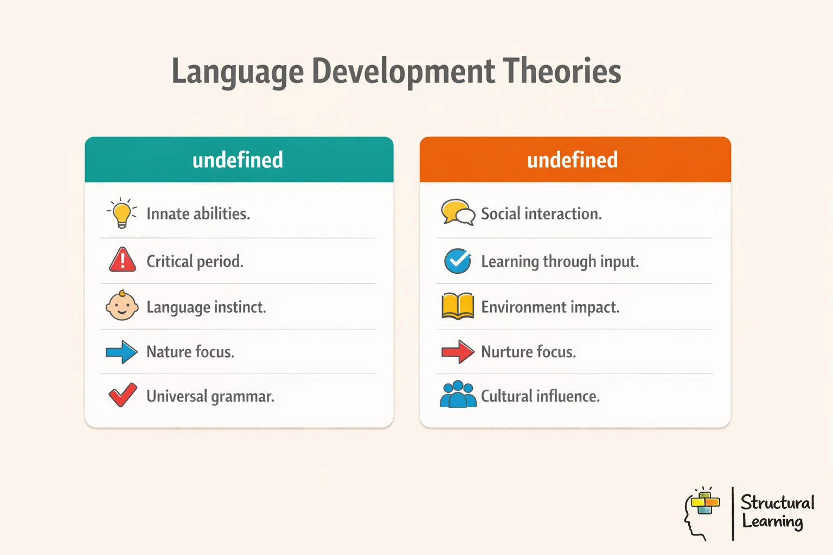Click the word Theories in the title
click(561, 71)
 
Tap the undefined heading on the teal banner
click(238, 160)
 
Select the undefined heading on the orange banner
click(572, 160)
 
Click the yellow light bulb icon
click(122, 213)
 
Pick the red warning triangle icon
click(123, 260)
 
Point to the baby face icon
click(121, 306)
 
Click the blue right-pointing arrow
click(121, 352)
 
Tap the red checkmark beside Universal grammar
click(123, 395)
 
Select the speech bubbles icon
click(458, 212)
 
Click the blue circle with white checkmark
click(458, 261)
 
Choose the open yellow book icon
click(458, 306)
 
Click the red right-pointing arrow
click(458, 352)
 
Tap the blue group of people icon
click(458, 395)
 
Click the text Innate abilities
click(198, 214)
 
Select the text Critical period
click(195, 261)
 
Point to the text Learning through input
click(560, 261)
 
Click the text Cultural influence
click(540, 396)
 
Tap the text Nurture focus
click(528, 352)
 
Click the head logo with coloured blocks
click(702, 512)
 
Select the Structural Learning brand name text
click(777, 512)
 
